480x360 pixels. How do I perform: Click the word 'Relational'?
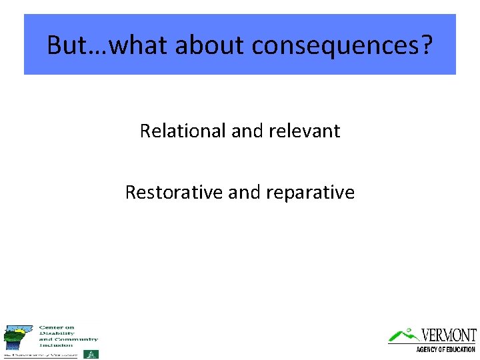click(183, 131)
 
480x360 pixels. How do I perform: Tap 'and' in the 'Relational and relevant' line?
click(247, 131)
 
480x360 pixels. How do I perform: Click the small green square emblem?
click(93, 354)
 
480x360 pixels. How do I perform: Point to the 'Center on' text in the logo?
click(57, 327)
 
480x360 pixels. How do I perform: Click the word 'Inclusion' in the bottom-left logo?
click(57, 345)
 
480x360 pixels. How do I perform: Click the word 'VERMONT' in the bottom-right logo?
click(449, 335)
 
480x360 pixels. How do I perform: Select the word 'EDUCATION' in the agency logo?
click(460, 349)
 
